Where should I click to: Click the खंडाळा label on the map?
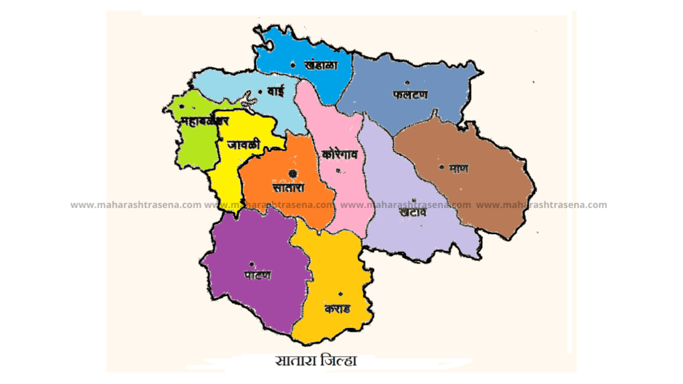(320, 65)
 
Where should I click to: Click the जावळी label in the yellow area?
(239, 145)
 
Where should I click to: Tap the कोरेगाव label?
(340, 155)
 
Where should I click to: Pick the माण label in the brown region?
(458, 169)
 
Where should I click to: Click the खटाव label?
(414, 213)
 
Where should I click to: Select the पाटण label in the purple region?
(257, 275)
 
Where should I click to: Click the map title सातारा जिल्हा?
(316, 361)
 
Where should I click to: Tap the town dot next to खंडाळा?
(293, 65)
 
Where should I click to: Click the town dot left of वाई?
(259, 91)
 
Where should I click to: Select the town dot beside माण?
(441, 167)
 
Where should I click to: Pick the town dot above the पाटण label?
(251, 262)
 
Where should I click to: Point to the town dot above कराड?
(340, 294)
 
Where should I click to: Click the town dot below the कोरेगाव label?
(338, 171)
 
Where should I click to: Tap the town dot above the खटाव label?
(414, 199)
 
